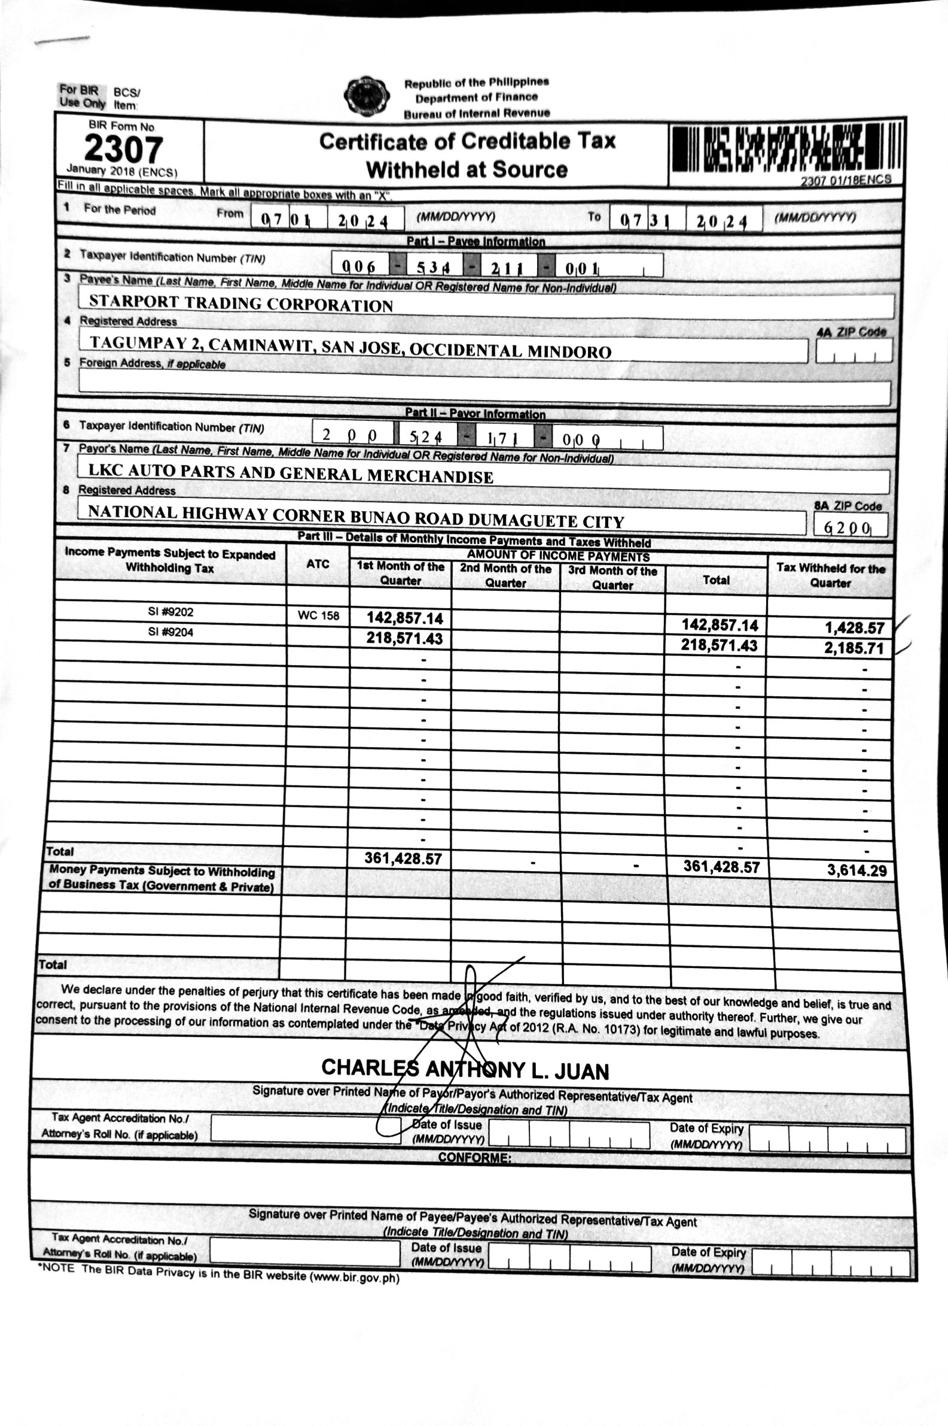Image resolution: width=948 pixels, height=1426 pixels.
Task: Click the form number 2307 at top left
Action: (x=123, y=149)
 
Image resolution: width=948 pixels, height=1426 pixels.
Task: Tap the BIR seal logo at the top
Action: (x=366, y=96)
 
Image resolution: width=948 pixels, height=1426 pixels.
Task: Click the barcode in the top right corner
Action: (x=786, y=148)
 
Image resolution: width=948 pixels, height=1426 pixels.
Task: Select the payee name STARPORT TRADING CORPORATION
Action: (x=240, y=303)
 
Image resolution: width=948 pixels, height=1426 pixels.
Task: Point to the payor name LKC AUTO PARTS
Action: (x=290, y=473)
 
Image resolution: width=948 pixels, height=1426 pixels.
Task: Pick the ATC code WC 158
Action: (x=318, y=617)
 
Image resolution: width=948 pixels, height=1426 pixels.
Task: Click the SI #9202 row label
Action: (x=170, y=612)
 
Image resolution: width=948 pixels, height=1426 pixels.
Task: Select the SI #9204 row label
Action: (x=170, y=633)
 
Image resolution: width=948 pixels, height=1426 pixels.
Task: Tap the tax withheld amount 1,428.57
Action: (x=854, y=628)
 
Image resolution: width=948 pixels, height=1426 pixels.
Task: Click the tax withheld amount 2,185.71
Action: (x=853, y=648)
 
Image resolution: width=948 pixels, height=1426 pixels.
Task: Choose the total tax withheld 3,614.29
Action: (x=856, y=870)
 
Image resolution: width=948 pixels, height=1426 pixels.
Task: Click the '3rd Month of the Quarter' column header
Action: (x=612, y=578)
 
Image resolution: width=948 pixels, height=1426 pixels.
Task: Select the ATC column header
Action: (x=318, y=565)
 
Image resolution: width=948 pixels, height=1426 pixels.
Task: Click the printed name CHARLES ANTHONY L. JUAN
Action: (x=464, y=1070)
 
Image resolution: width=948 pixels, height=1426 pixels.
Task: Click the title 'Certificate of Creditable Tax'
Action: (x=467, y=141)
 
